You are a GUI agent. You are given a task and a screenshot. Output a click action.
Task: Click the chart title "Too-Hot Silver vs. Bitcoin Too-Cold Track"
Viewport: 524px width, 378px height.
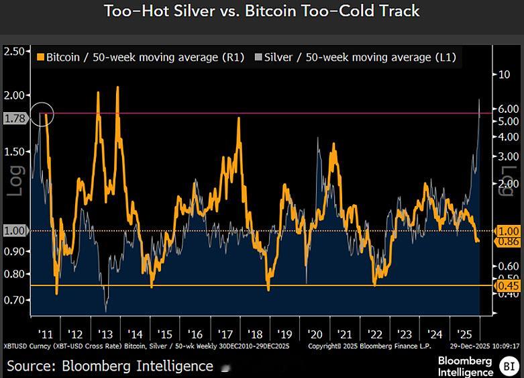262,11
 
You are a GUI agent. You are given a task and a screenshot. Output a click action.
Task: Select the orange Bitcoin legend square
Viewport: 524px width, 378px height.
40,58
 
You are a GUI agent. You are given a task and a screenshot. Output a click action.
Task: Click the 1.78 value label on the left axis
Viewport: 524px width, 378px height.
14,119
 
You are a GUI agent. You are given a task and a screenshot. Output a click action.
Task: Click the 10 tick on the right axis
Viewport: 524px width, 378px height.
504,75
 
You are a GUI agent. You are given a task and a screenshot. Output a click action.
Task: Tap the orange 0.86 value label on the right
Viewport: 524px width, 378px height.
507,241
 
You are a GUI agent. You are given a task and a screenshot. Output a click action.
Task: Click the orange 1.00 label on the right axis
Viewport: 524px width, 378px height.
507,230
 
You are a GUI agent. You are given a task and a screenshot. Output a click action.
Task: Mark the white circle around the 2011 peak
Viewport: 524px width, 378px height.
42,114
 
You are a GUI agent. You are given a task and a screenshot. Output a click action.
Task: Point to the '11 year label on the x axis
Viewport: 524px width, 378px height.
46,334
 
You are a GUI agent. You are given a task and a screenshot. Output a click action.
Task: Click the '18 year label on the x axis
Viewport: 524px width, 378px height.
255,334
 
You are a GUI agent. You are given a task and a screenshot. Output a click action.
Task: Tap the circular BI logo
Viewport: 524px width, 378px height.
508,366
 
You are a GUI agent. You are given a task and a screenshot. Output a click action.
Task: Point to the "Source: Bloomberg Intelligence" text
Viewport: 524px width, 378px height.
109,366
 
